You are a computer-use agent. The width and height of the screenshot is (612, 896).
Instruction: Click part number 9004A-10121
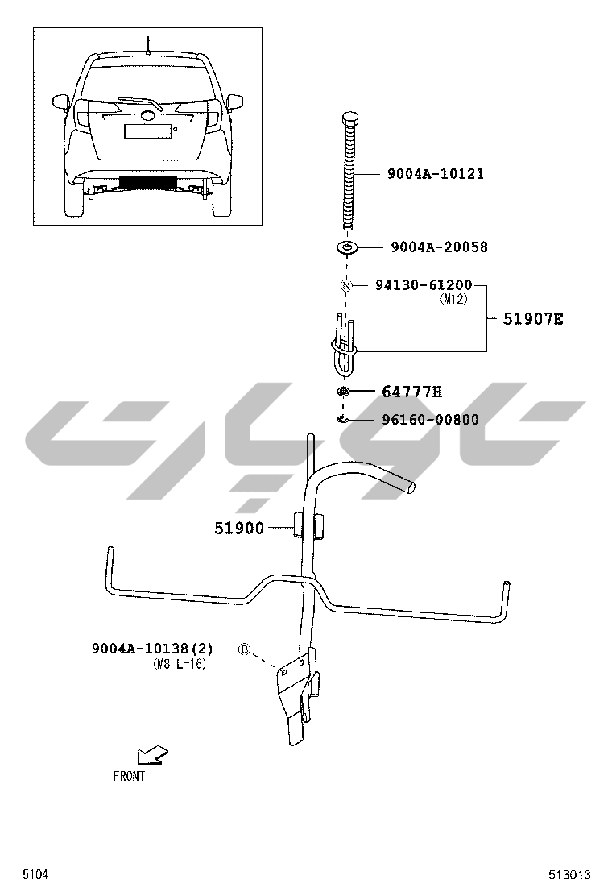point(436,174)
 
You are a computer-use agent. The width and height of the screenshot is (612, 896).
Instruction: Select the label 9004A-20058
point(439,247)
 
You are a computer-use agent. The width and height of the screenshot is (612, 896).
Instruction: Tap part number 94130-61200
point(424,284)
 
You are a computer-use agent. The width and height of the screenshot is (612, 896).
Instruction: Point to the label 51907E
point(532,319)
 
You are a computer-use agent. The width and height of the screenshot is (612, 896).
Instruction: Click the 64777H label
point(411,392)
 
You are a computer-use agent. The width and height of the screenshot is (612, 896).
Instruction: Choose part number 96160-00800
point(430,420)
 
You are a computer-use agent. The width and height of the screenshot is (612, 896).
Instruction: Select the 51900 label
point(239,528)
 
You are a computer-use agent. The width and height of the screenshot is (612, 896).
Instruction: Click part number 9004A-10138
point(140,649)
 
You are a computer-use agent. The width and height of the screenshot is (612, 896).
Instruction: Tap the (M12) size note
point(454,299)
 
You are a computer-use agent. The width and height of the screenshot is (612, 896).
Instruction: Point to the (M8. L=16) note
point(180,664)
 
